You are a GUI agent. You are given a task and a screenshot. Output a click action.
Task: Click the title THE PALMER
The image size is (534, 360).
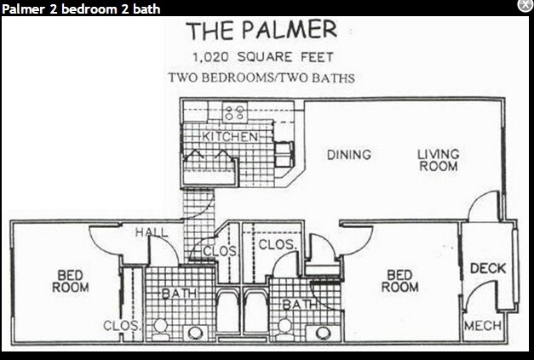(261, 31)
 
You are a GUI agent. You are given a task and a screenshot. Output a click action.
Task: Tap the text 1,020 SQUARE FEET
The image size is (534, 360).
(261, 58)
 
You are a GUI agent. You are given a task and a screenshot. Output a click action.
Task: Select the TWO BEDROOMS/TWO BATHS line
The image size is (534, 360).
(261, 77)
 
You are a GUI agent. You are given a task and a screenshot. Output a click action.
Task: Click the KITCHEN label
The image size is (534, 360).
(229, 136)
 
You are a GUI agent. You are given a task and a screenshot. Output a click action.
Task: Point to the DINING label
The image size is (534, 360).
(349, 155)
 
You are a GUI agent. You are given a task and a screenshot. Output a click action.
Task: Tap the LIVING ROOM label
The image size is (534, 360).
(438, 160)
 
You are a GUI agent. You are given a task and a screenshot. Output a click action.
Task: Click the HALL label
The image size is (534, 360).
(152, 232)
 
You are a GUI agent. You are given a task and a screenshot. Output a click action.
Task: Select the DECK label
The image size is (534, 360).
(488, 269)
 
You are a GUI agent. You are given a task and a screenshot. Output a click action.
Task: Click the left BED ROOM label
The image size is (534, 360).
(70, 281)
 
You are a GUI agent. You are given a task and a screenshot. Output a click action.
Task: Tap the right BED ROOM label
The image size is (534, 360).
(399, 281)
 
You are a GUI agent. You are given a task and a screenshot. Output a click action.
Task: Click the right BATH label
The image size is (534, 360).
(299, 304)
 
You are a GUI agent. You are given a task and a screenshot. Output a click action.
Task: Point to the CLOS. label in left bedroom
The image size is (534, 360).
(117, 325)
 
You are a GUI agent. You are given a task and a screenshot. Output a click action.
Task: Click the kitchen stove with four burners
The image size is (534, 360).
(234, 111)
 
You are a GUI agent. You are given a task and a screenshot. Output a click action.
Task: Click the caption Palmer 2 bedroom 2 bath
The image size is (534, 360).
(81, 9)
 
